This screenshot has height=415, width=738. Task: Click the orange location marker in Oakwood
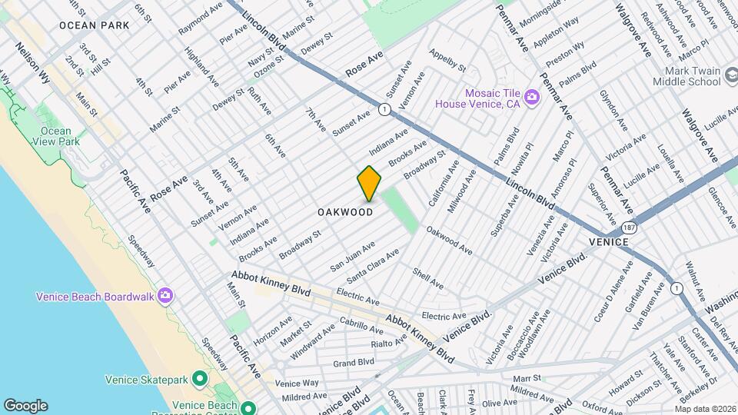point(369,183)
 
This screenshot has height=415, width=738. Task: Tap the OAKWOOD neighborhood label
point(345,212)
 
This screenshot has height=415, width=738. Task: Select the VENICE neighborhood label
point(610,242)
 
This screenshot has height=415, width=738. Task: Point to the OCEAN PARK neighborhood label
point(94,25)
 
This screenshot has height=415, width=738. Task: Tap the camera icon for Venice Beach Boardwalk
point(165,296)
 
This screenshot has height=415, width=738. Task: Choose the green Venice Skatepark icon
point(200,379)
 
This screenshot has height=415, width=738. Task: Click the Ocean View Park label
point(58,136)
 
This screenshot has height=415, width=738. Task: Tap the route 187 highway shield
point(630,229)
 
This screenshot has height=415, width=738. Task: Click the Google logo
point(25,405)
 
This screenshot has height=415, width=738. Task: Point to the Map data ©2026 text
point(705,408)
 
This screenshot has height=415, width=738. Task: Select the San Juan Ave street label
point(352,255)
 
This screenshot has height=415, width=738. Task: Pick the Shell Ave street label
point(428,278)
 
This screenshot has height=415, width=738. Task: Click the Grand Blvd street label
point(354,362)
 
